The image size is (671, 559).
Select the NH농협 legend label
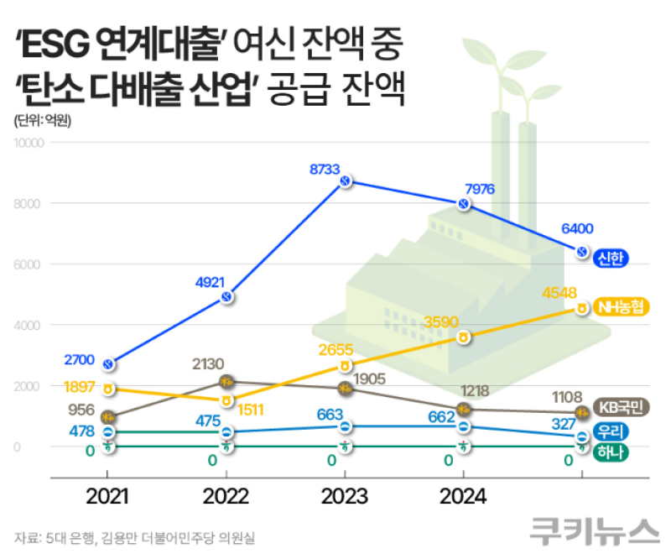click(622, 307)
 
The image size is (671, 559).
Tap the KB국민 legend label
click(622, 409)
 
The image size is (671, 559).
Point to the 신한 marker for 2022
click(226, 296)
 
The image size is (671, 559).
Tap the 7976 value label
click(479, 188)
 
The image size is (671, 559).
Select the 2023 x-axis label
click(344, 497)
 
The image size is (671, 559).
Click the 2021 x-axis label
click(107, 497)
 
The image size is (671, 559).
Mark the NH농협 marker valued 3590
click(463, 337)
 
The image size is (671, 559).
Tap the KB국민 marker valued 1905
click(344, 389)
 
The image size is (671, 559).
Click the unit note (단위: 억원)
click(42, 120)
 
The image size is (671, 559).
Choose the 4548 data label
click(559, 293)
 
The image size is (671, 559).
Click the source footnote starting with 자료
click(134, 536)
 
